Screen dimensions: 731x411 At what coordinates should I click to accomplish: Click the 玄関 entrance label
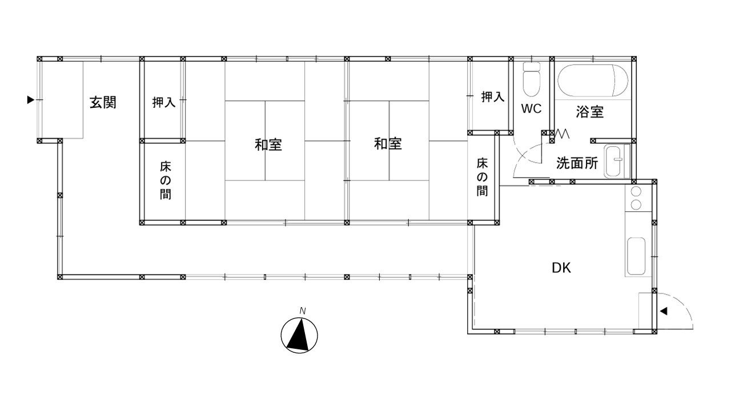click(x=103, y=103)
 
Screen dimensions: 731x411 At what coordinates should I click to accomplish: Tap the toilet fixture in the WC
click(x=531, y=79)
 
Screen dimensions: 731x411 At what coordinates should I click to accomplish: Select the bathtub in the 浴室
click(x=592, y=80)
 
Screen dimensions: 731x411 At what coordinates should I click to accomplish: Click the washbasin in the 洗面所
click(x=617, y=161)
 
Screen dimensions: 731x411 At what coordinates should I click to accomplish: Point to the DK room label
click(x=561, y=268)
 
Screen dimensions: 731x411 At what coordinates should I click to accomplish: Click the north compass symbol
click(x=299, y=335)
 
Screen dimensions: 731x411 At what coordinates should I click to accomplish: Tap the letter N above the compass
click(x=303, y=311)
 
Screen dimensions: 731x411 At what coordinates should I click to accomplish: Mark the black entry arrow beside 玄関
click(x=30, y=100)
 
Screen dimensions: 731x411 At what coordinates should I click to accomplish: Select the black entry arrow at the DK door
click(x=664, y=311)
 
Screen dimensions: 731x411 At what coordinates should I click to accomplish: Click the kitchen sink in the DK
click(x=636, y=256)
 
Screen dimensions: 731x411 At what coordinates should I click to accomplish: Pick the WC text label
click(x=531, y=108)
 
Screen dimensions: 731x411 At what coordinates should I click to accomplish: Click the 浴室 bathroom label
click(x=590, y=112)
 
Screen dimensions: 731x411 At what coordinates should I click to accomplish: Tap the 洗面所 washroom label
click(x=577, y=163)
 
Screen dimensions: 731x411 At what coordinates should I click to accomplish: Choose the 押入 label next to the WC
click(x=493, y=97)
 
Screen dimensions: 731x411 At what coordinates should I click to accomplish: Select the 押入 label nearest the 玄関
click(x=164, y=102)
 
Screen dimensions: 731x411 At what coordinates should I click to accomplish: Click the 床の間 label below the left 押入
click(x=166, y=181)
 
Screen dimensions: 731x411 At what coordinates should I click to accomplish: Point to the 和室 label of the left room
click(x=268, y=144)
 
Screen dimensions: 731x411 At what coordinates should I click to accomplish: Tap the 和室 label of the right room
click(x=388, y=144)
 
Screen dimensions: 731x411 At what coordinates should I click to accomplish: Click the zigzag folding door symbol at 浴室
click(x=563, y=134)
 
